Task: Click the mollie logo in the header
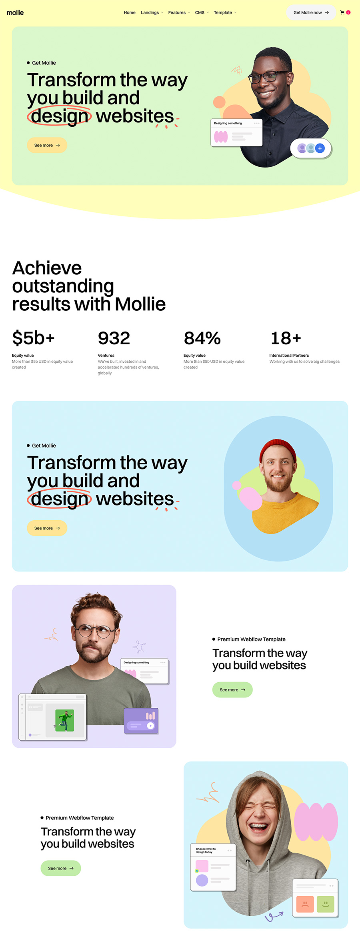pyautogui.click(x=15, y=12)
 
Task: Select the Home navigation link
pyautogui.click(x=130, y=12)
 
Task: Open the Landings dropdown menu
pyautogui.click(x=152, y=12)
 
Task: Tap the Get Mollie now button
pyautogui.click(x=311, y=12)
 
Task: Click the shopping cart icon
pyautogui.click(x=342, y=12)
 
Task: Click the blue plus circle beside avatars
pyautogui.click(x=320, y=148)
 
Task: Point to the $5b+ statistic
pyautogui.click(x=33, y=338)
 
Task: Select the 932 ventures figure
pyautogui.click(x=114, y=338)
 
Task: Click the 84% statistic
pyautogui.click(x=202, y=338)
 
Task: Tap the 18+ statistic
pyautogui.click(x=286, y=338)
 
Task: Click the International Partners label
pyautogui.click(x=289, y=355)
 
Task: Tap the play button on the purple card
pyautogui.click(x=150, y=725)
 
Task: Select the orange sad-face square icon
pyautogui.click(x=305, y=904)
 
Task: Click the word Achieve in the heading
pyautogui.click(x=47, y=268)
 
